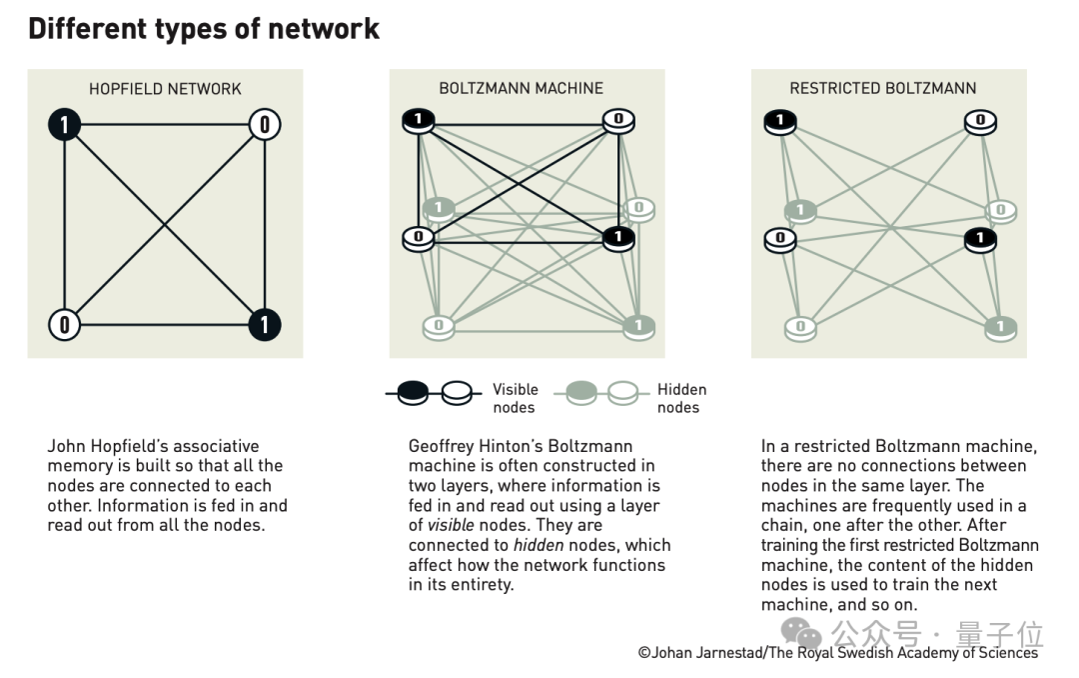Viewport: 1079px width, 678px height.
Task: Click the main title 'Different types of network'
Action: pos(204,28)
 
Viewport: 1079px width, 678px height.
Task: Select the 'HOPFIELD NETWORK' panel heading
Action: pos(165,89)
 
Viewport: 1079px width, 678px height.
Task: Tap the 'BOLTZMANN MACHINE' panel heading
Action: pos(521,89)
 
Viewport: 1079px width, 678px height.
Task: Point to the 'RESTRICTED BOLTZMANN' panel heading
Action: pos(883,89)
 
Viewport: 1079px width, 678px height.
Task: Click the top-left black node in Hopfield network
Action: pos(65,125)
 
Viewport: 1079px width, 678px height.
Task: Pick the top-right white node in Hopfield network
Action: pos(265,125)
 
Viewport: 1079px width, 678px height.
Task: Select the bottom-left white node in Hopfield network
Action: pos(65,324)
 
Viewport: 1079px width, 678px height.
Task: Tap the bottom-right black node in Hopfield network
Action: pos(265,324)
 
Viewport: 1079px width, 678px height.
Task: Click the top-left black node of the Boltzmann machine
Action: pos(418,121)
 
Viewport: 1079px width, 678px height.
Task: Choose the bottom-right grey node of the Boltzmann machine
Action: pos(638,325)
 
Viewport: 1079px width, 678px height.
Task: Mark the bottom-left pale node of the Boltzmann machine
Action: pos(438,325)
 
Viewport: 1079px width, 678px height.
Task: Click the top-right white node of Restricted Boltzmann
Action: pos(980,121)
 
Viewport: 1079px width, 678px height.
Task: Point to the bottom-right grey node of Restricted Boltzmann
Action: pos(1000,326)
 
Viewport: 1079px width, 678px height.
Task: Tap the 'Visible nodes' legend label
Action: pos(515,398)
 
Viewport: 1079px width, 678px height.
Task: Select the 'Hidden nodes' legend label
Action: pos(681,398)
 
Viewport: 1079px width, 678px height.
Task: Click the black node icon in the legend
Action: pos(414,394)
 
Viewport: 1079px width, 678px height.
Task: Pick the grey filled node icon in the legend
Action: pos(581,394)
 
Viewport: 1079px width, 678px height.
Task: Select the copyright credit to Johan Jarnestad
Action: pos(837,653)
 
